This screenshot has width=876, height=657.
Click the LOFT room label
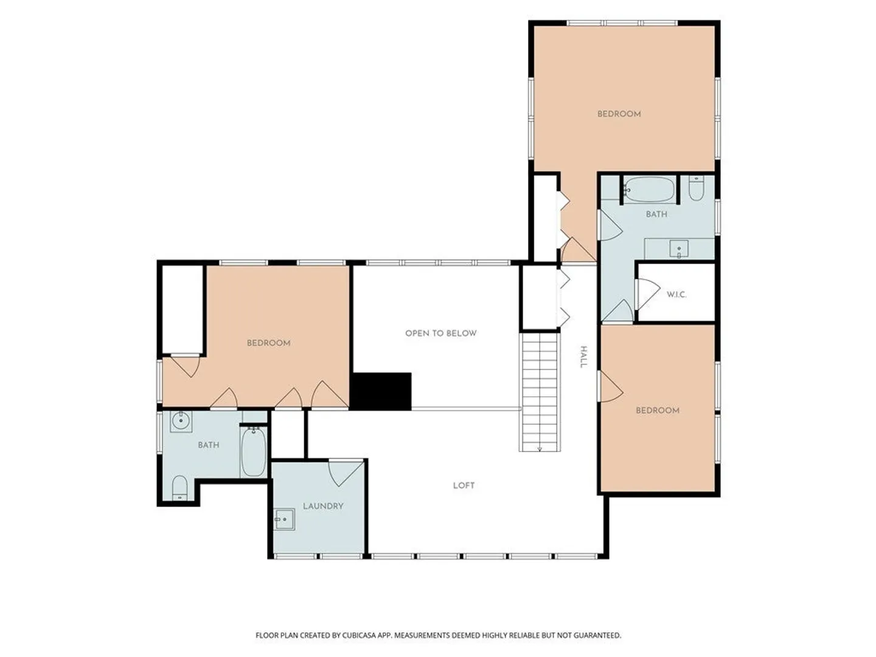(x=464, y=485)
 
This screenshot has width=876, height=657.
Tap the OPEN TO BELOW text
(x=440, y=333)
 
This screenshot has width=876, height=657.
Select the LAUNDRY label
(x=323, y=506)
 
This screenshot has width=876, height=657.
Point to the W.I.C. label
(x=676, y=295)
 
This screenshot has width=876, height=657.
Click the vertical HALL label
(x=583, y=357)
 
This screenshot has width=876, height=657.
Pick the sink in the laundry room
(x=284, y=519)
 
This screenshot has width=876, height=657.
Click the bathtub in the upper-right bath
(x=649, y=190)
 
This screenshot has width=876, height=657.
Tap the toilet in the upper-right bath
(x=697, y=188)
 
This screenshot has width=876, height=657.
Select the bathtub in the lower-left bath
(x=254, y=451)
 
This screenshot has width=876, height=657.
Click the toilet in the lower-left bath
(x=179, y=487)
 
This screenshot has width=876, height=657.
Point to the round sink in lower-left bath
(x=181, y=421)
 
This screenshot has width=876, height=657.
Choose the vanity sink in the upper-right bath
(x=679, y=249)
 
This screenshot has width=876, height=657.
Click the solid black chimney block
(x=381, y=391)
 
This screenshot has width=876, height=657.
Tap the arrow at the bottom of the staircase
(x=540, y=449)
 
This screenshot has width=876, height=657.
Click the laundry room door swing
(x=346, y=473)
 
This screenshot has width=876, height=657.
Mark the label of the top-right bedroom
(x=619, y=114)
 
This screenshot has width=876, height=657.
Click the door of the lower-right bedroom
(x=611, y=387)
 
